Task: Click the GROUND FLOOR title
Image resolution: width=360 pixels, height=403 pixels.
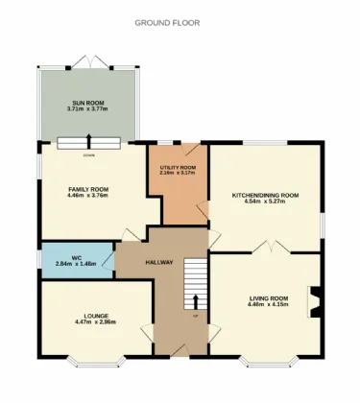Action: click(x=167, y=22)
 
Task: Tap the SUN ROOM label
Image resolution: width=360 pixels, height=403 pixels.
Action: click(x=87, y=103)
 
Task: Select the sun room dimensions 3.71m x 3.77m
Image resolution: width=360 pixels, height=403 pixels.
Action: click(x=87, y=109)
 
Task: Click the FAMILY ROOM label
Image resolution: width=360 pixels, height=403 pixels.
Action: click(x=87, y=189)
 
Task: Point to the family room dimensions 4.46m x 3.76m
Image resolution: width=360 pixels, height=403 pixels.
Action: click(x=87, y=196)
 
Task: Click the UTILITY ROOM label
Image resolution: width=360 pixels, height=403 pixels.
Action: click(x=178, y=167)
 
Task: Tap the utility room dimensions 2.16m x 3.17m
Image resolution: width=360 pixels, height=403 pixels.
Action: click(x=178, y=174)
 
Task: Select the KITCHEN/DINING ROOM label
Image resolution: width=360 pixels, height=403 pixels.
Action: click(x=266, y=195)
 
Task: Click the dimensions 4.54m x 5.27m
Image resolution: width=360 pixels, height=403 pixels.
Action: click(x=266, y=201)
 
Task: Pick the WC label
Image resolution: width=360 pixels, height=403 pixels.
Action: click(x=76, y=256)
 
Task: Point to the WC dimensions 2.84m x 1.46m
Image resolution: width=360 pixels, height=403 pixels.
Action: click(x=76, y=263)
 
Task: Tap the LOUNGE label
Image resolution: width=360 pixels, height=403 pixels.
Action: click(x=95, y=316)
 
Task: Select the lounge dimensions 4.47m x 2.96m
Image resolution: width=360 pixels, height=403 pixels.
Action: click(x=95, y=322)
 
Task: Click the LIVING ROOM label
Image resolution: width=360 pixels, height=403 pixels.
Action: click(x=268, y=298)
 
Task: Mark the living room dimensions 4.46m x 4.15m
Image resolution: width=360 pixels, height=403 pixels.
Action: click(x=268, y=305)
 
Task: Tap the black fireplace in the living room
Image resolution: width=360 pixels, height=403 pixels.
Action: click(x=312, y=301)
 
